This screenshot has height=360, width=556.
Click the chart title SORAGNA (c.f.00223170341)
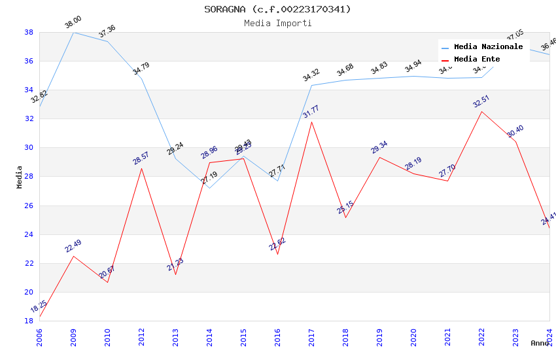[x=277, y=9]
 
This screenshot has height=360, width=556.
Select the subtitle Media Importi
[x=277, y=23]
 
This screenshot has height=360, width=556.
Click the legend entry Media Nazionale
[x=488, y=46]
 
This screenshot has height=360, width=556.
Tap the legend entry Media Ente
[x=477, y=59]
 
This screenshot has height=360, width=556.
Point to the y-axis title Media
[x=20, y=177]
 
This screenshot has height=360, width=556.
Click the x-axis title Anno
[x=540, y=343]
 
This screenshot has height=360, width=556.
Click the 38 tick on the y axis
[x=29, y=32]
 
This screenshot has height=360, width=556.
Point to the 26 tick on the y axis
[x=29, y=206]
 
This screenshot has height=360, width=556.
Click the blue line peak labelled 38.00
[x=73, y=32]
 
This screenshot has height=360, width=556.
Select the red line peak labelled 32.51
[x=481, y=111]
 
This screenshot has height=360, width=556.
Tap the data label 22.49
[x=73, y=246]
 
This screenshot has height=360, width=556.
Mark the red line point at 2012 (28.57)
[x=141, y=168]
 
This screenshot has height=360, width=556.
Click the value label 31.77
[x=311, y=112]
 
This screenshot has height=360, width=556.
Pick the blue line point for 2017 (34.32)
[x=311, y=85]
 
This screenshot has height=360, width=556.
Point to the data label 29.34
[x=379, y=147]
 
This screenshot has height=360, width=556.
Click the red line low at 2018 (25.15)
[x=345, y=217]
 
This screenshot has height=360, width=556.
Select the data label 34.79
[x=141, y=69]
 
